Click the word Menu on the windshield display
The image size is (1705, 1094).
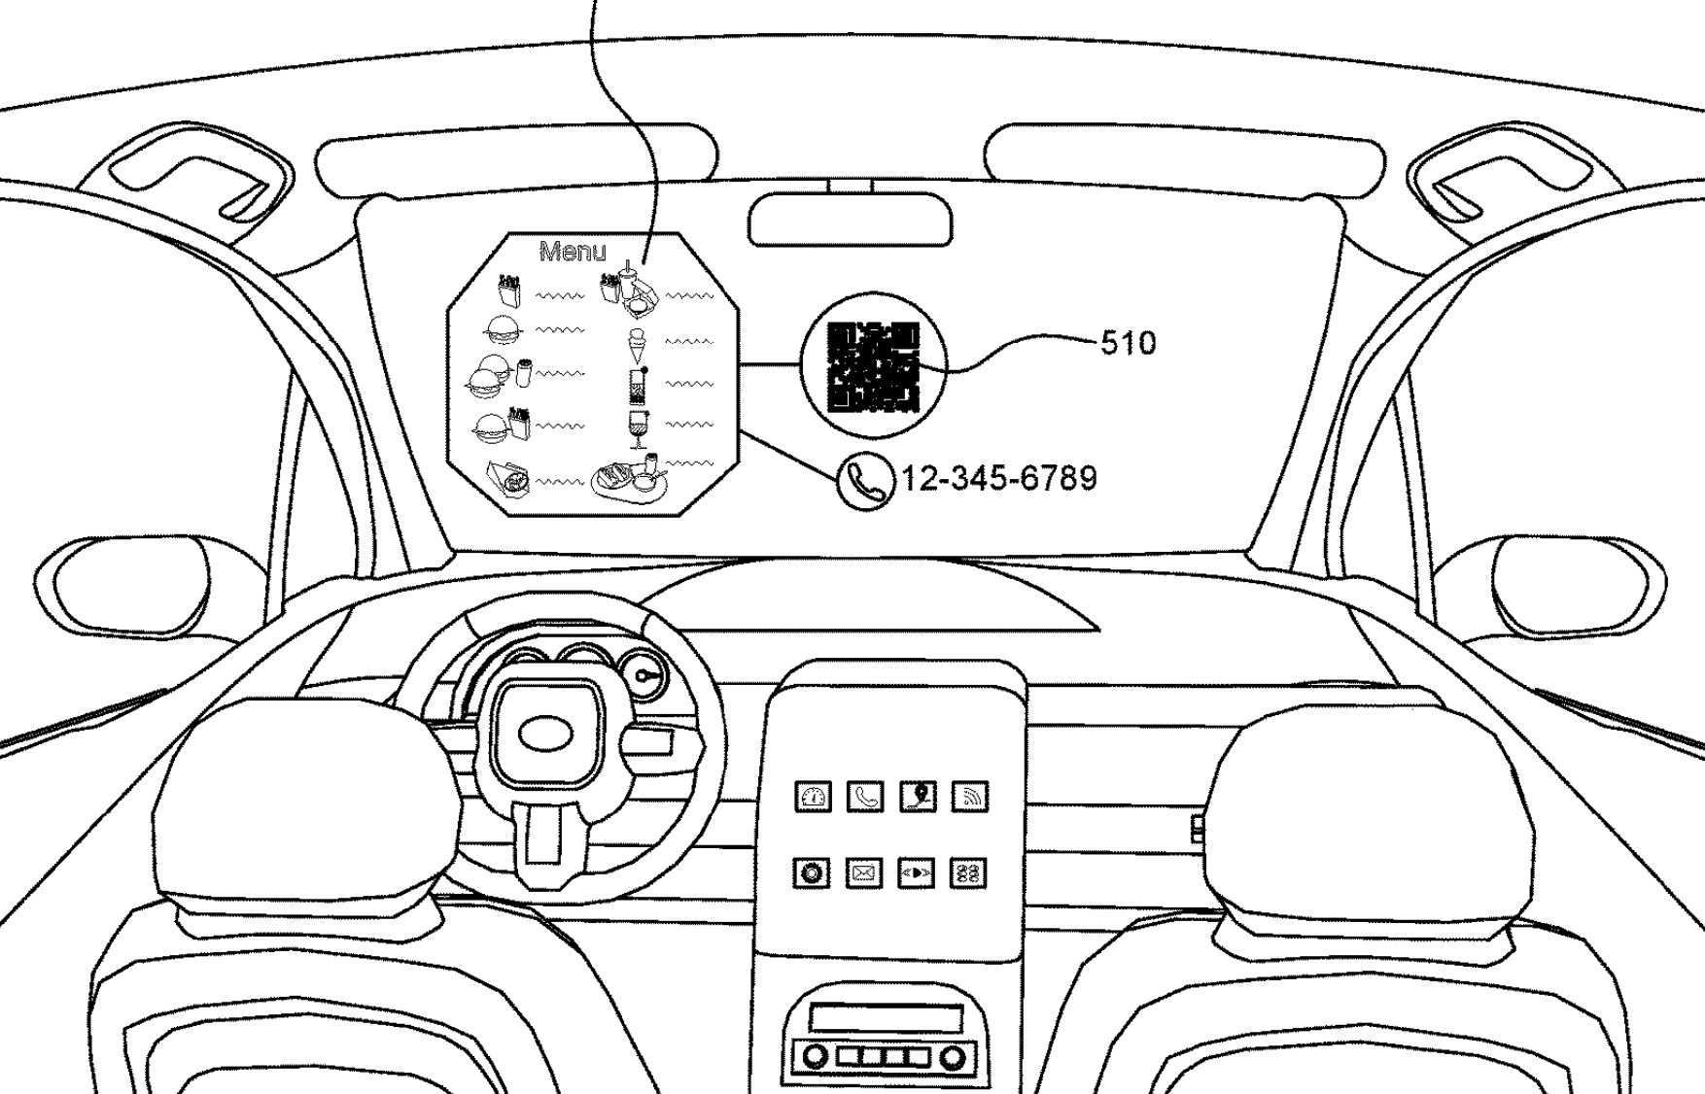pos(573,253)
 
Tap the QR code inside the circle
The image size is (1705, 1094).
pos(872,367)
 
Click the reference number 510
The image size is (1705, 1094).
pos(1128,343)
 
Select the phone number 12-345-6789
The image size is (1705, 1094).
pos(1000,478)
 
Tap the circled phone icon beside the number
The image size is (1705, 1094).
pos(864,481)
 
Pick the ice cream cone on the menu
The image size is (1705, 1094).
pos(638,343)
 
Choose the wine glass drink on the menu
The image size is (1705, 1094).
pos(638,427)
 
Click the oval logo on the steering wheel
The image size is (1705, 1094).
pos(547,735)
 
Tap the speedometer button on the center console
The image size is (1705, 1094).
pos(814,798)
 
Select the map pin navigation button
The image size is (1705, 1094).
pos(918,797)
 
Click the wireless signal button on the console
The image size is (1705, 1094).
pos(969,798)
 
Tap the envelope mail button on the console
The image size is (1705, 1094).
pos(863,873)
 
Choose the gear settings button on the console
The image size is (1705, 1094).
pos(812,873)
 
